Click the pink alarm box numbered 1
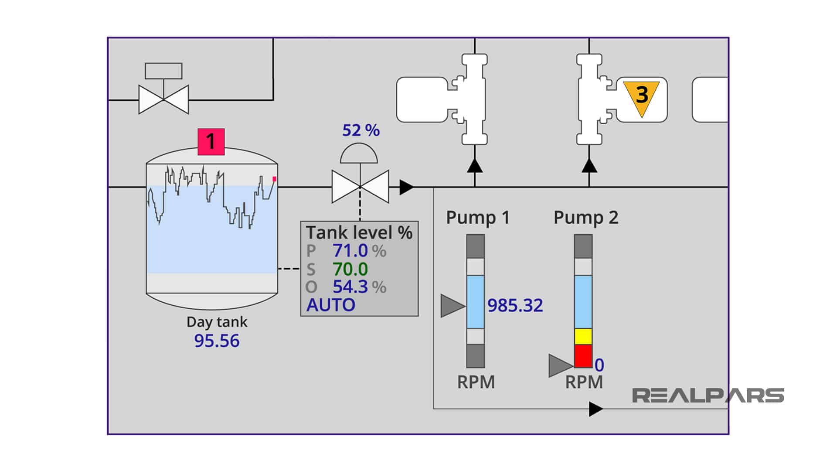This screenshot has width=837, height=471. point(211,142)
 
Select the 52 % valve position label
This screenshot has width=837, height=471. point(361,130)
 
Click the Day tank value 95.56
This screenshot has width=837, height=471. point(217,341)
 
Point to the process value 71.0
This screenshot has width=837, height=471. point(350,251)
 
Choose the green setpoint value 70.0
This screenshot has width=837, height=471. point(350,270)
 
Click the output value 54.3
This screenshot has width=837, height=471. point(350,287)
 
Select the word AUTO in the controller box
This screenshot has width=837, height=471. point(331,305)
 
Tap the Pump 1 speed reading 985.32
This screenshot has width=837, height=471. point(515,306)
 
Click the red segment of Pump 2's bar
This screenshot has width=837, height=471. point(583,355)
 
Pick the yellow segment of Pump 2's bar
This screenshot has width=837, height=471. point(583,336)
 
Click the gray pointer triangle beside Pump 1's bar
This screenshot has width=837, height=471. point(452,306)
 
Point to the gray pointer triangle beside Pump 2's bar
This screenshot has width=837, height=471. point(559,365)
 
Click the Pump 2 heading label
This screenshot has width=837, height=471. point(585,218)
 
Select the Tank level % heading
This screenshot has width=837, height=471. point(359,232)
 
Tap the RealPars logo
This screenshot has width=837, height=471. point(708,396)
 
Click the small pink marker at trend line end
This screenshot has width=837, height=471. point(274,179)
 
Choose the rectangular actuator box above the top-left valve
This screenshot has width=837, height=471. point(163,71)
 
